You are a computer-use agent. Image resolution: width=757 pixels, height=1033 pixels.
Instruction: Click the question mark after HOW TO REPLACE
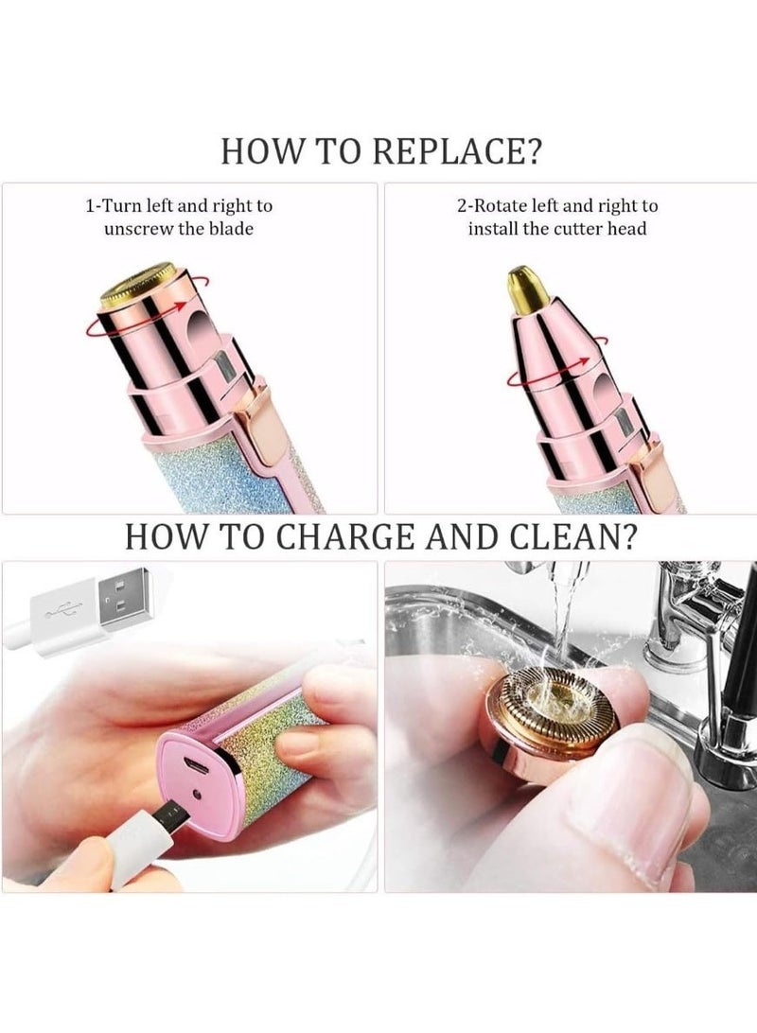pos(542,152)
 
